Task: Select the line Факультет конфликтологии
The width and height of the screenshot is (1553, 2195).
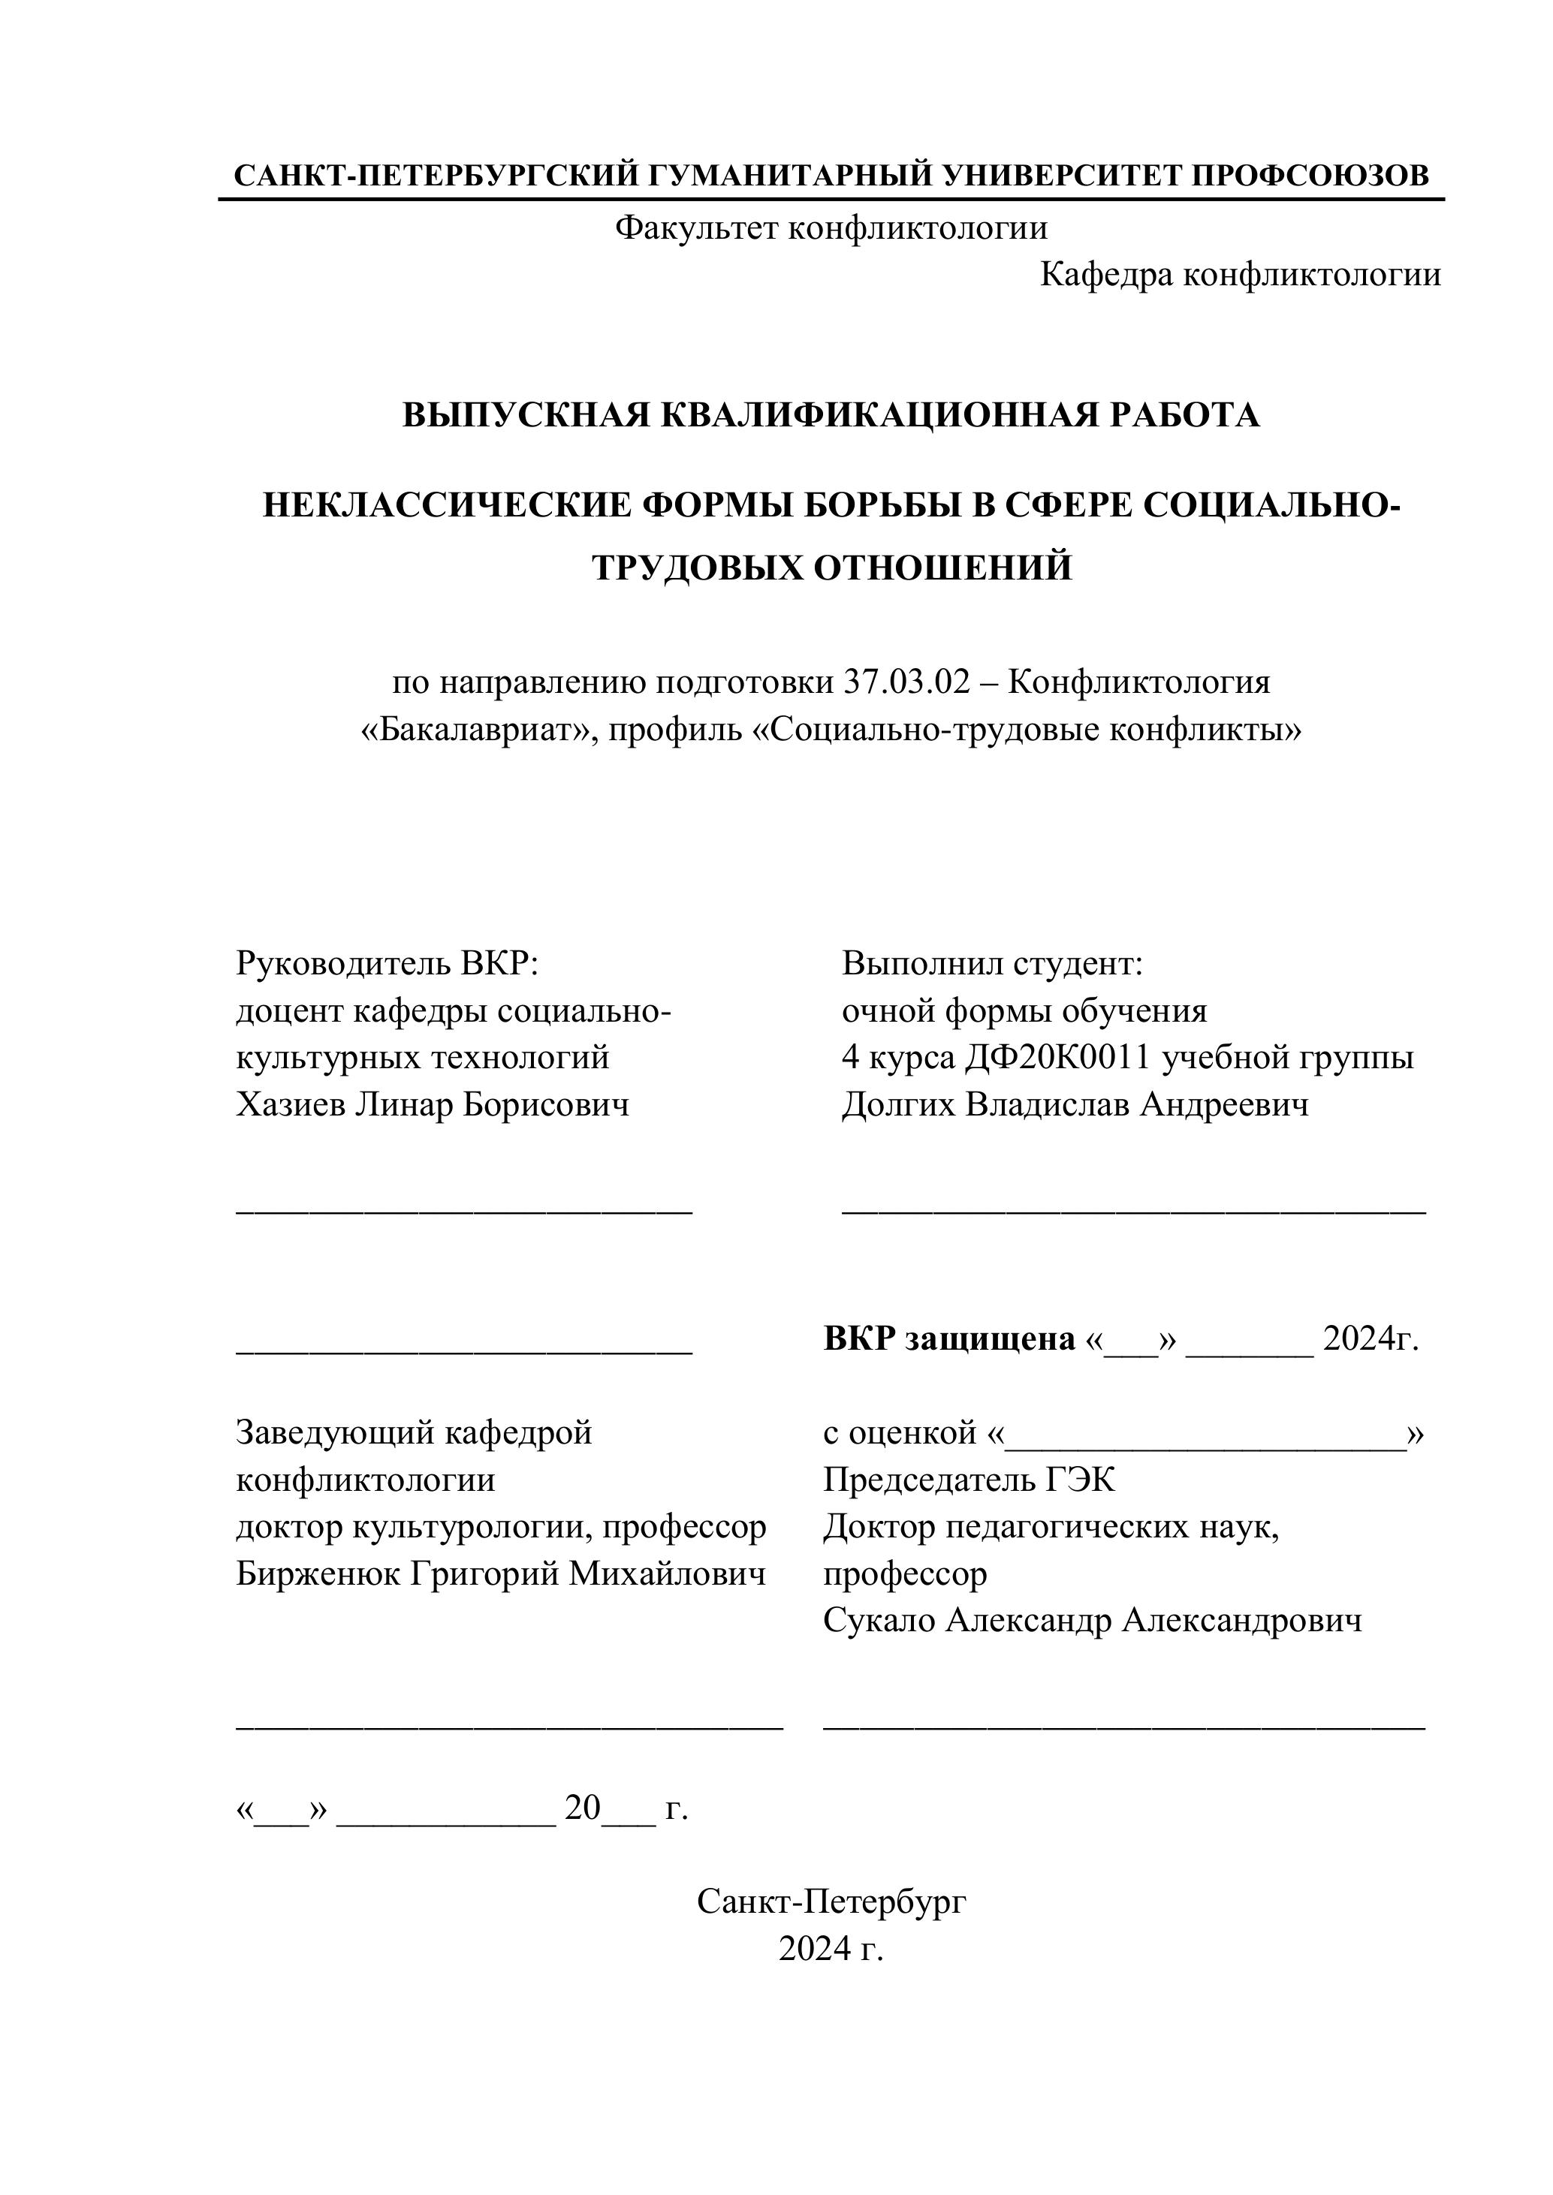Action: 831,227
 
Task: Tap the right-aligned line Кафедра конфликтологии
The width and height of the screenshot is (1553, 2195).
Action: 1241,276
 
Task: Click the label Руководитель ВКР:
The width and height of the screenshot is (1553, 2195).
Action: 387,962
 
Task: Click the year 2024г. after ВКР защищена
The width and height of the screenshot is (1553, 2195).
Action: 1371,1339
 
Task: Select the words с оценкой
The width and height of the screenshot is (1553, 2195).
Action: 900,1433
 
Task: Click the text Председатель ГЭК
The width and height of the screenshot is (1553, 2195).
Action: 969,1480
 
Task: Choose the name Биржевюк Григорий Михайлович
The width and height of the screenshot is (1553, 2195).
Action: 500,1573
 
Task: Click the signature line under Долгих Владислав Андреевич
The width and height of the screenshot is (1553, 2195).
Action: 1133,1209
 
